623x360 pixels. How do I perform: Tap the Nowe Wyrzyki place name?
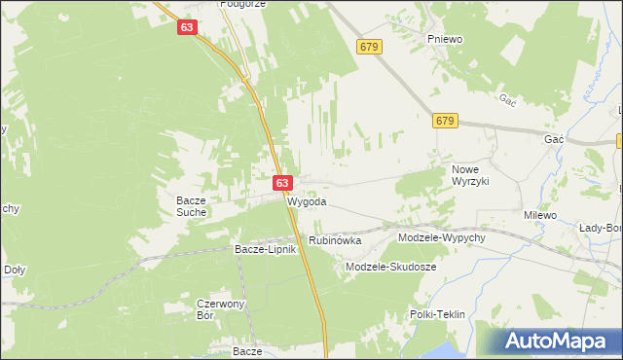[x=470, y=175]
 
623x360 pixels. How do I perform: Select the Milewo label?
[x=539, y=215]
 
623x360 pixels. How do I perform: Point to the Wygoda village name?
[x=307, y=202]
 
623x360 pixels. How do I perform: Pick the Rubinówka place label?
[x=335, y=240]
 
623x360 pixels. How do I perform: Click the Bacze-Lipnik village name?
[x=264, y=249]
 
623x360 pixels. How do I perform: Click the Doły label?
[x=15, y=270]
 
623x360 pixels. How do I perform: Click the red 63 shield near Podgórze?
[x=188, y=29]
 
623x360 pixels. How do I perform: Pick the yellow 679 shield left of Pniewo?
[x=368, y=46]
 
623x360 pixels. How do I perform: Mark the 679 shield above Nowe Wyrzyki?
[x=445, y=120]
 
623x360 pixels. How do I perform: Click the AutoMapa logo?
[x=559, y=342]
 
